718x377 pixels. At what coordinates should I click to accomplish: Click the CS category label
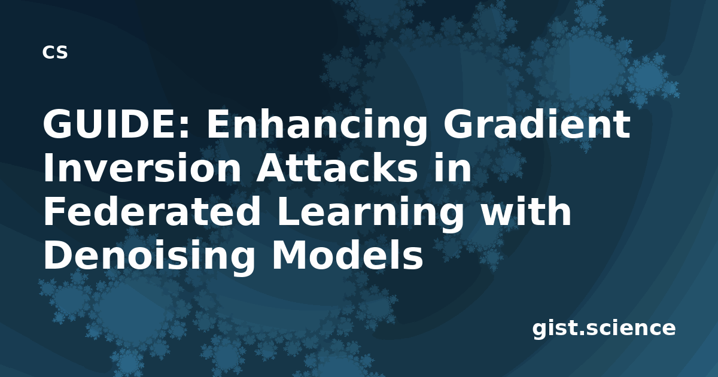(55, 52)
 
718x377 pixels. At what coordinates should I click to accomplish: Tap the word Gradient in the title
(537, 124)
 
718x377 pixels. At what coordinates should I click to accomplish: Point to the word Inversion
(142, 168)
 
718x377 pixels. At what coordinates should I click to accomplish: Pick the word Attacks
(337, 168)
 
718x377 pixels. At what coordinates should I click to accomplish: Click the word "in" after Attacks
(452, 168)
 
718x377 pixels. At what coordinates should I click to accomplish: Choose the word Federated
(151, 212)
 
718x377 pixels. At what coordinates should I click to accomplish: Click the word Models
(348, 256)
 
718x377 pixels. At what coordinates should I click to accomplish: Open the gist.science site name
(604, 329)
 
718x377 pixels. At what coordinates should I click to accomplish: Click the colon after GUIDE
(183, 128)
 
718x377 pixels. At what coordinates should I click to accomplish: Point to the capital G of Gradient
(457, 124)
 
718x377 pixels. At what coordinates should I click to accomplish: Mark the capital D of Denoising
(57, 256)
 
